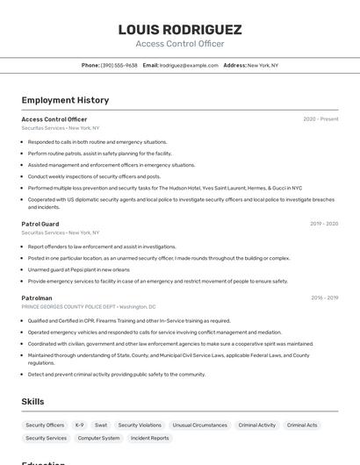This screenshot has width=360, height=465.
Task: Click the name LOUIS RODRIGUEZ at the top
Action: coord(179,30)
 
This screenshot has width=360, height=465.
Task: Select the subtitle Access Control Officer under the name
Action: coord(179,44)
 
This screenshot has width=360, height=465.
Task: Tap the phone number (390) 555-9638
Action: coord(119,65)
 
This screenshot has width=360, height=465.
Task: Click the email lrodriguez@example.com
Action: coord(189,65)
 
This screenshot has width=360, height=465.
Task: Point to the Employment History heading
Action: coord(65,101)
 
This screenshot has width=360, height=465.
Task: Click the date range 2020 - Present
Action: coord(320,119)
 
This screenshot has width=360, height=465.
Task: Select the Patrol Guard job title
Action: coord(40,224)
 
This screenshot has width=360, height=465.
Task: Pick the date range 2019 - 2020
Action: coord(324,224)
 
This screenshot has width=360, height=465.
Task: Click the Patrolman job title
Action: coord(37,298)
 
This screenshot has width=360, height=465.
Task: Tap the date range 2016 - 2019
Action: coord(324,298)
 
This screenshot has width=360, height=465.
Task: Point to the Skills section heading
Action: coord(33,402)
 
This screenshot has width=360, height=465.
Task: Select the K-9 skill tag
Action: coord(80,426)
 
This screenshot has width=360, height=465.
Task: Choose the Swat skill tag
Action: coord(101,426)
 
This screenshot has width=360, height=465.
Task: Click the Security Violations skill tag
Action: coord(140,426)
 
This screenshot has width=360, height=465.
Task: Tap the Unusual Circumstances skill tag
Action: coord(199,426)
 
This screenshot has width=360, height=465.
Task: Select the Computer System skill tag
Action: coord(98,438)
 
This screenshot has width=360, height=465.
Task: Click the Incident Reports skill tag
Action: coord(149,438)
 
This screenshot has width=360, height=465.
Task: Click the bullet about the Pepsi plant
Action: coord(78,270)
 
